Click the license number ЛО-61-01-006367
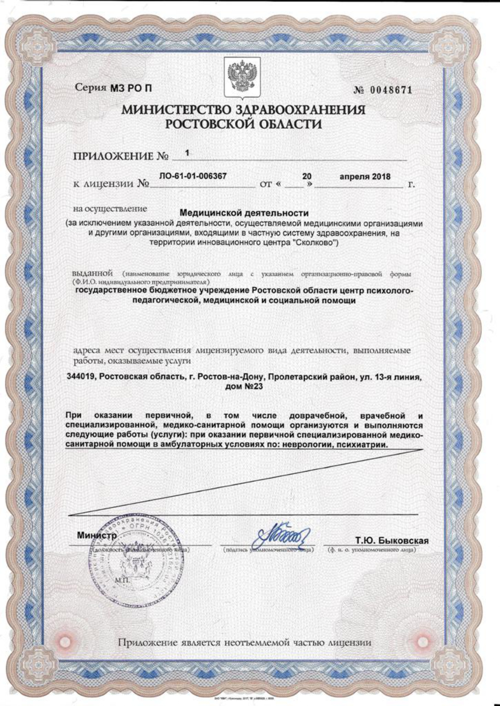pos(193,176)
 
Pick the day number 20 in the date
pos(307,176)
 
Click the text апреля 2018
pos(365,176)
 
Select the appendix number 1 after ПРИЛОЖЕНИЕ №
pos(187,153)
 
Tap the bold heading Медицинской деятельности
pos(244,213)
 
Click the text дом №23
pos(244,387)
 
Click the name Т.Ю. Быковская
pos(391,541)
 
